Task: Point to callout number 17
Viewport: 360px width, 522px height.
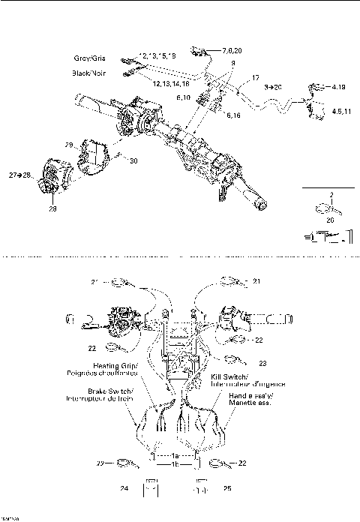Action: [x=255, y=78]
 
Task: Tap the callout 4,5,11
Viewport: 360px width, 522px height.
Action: [x=338, y=110]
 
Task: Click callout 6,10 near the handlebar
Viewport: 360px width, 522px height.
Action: [x=183, y=98]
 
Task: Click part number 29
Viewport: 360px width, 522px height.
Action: [x=69, y=144]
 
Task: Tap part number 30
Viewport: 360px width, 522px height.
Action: [x=134, y=160]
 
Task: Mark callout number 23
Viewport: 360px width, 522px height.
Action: [x=263, y=362]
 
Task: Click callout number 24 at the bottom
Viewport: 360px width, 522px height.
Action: [x=124, y=488]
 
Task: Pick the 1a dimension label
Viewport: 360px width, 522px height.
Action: [x=175, y=456]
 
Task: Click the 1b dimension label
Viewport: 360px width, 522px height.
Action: [x=175, y=465]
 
